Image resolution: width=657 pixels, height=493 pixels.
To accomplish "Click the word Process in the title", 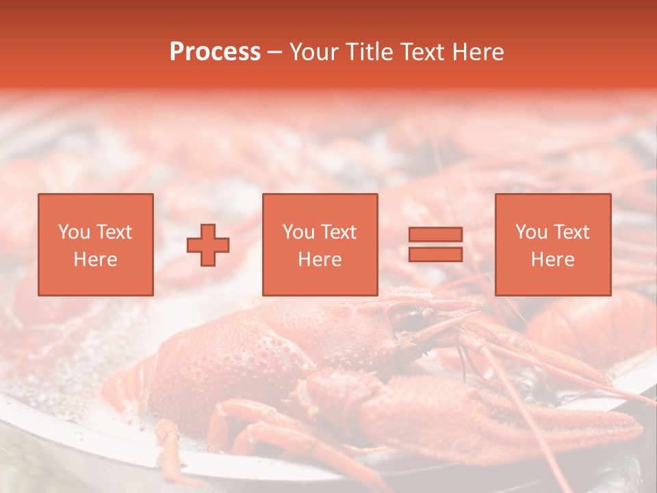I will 215,52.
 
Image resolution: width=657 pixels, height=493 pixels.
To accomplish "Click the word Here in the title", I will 478,52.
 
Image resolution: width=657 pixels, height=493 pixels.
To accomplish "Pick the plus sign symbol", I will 208,245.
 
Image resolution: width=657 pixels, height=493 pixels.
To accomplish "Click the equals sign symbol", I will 435,244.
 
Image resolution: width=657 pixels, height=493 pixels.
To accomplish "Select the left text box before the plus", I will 95,244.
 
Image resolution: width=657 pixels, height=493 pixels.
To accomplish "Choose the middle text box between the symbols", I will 320,244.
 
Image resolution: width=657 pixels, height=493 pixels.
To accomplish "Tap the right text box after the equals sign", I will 552,244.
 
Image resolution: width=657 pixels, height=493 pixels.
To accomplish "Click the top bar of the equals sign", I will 435,235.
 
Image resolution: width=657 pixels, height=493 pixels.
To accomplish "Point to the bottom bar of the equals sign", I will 435,254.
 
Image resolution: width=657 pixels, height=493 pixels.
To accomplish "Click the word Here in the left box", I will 95,260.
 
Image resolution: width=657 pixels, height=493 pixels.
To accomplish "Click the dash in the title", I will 274,52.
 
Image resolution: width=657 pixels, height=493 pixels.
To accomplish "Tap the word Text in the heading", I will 422,52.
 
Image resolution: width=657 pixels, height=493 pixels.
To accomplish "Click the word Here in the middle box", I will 320,260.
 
